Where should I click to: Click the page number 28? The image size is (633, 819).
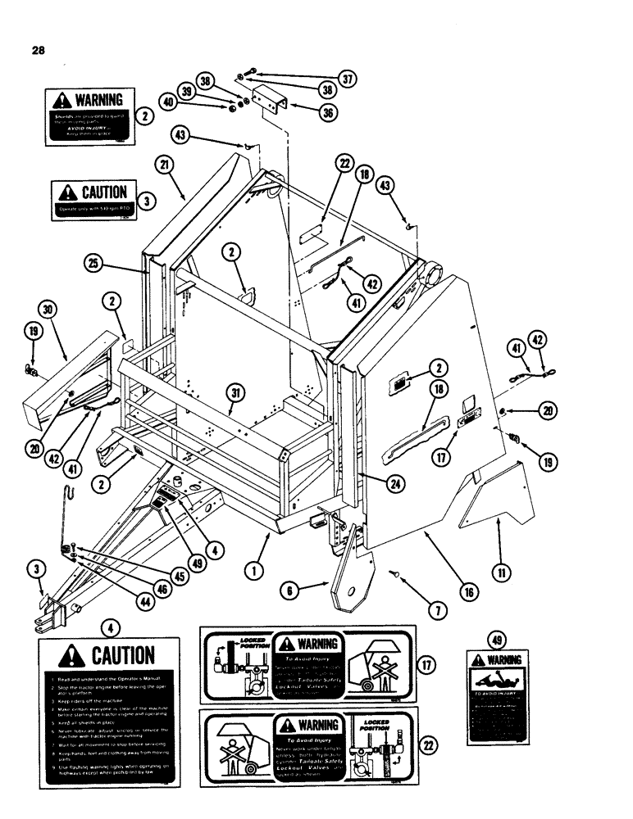[x=37, y=50]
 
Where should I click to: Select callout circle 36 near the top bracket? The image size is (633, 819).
[x=329, y=114]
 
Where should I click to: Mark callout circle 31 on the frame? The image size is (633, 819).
[x=236, y=395]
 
